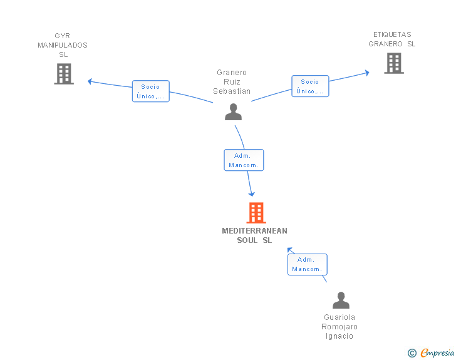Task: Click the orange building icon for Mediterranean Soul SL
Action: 256,213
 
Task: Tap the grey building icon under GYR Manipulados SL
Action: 64,74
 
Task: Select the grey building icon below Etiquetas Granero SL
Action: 394,63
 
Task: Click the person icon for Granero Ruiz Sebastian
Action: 233,111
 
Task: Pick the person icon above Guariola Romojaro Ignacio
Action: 341,300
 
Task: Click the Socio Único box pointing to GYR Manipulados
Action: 150,91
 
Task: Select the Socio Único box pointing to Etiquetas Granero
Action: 310,86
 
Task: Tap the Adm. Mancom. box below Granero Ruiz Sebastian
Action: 244,160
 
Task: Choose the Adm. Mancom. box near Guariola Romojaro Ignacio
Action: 308,264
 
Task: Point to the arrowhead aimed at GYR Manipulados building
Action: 90,81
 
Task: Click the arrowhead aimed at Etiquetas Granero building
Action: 367,73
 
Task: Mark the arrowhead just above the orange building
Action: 252,194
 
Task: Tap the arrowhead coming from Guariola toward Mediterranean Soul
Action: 289,250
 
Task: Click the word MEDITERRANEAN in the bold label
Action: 254,231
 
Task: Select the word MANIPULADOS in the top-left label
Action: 63,45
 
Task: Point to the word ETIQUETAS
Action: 392,34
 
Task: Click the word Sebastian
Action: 232,91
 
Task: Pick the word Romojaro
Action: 339,327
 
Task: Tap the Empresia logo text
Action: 437,352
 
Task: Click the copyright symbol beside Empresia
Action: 412,353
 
